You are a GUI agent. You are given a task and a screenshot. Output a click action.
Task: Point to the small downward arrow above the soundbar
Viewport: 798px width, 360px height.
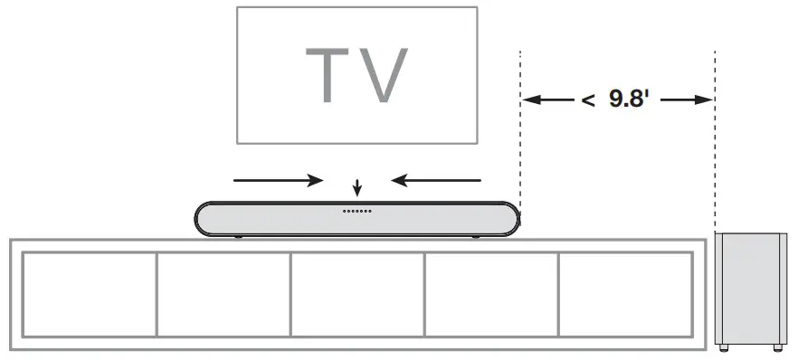click(358, 189)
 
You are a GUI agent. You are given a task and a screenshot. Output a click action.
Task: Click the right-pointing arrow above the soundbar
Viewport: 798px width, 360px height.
click(277, 179)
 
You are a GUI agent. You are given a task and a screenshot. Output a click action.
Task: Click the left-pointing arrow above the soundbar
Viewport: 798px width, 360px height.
click(437, 179)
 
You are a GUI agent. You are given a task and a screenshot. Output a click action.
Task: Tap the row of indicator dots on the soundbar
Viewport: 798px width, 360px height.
click(357, 211)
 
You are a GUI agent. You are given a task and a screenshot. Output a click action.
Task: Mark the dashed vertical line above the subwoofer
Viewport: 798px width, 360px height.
click(715, 163)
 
